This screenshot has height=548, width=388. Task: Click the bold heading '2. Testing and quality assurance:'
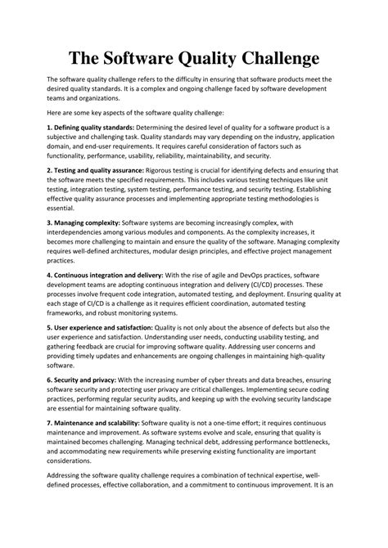95,170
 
